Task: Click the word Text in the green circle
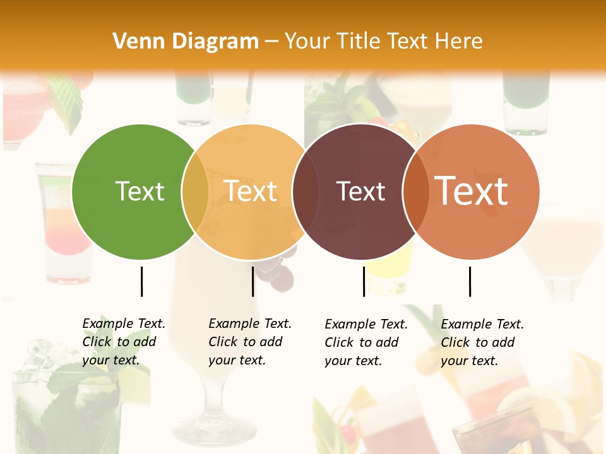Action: click(x=140, y=191)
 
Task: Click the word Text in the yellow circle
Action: click(x=251, y=191)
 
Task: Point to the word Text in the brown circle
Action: click(x=360, y=191)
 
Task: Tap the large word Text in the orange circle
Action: click(x=472, y=190)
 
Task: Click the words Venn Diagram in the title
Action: click(x=186, y=42)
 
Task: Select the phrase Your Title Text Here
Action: click(x=383, y=42)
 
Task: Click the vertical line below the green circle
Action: click(x=142, y=281)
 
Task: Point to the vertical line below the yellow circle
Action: click(x=252, y=281)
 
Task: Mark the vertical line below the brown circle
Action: click(x=364, y=281)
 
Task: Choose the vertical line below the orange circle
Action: click(x=470, y=281)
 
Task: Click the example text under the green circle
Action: click(x=124, y=342)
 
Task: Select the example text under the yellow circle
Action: click(x=250, y=342)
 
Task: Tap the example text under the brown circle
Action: click(x=366, y=342)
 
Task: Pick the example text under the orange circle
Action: click(x=482, y=342)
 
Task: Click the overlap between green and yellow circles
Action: click(x=195, y=192)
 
